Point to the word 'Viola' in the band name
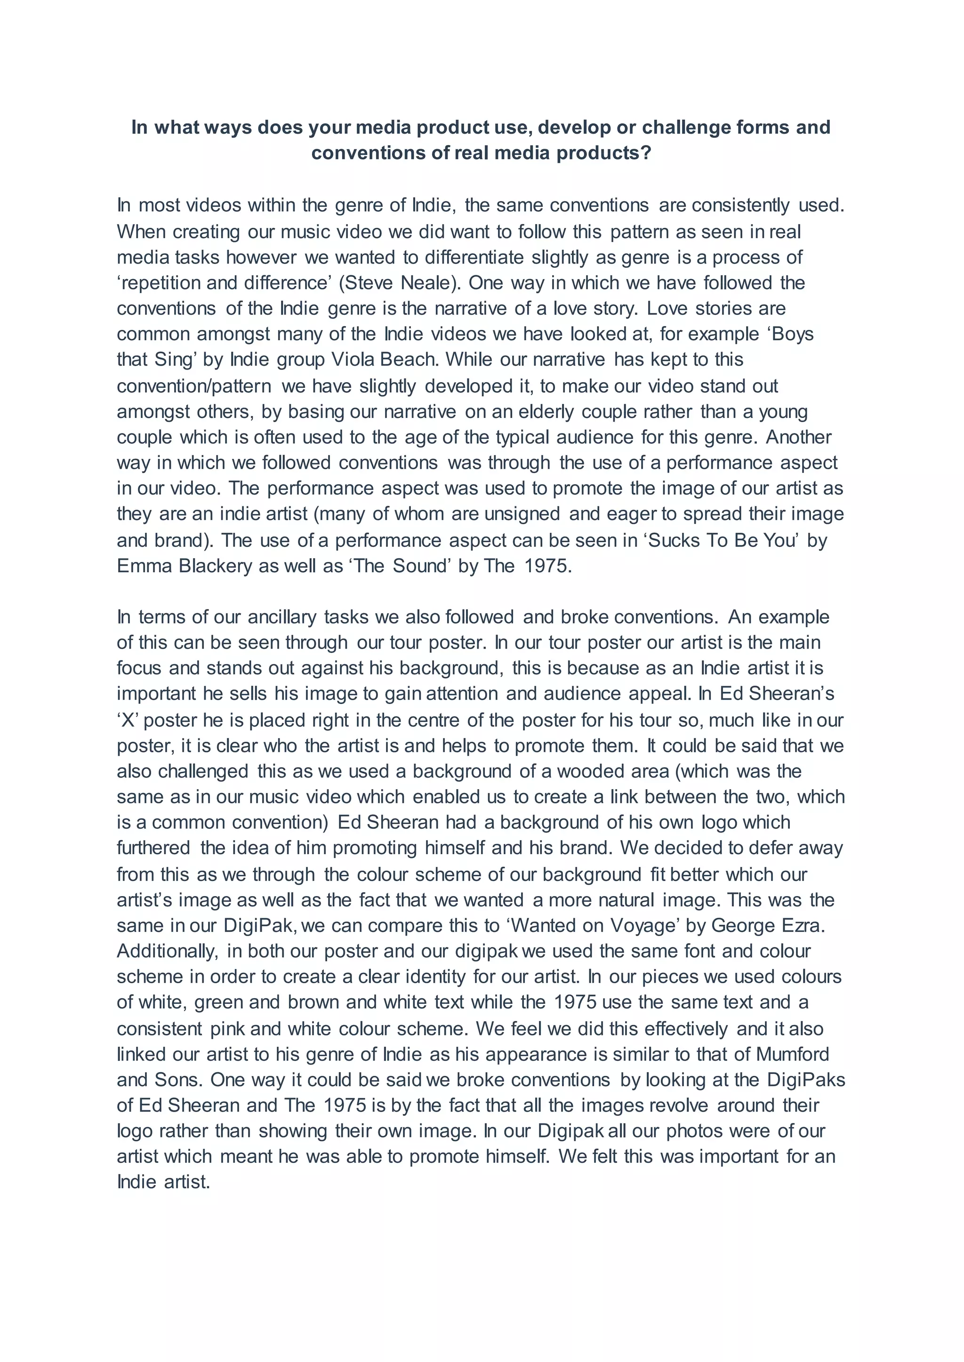pyautogui.click(x=353, y=360)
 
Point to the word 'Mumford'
pyautogui.click(x=793, y=1055)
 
